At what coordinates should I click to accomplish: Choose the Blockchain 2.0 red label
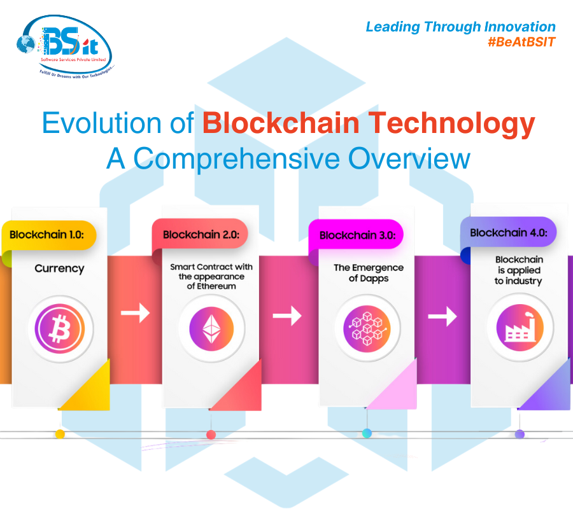201,234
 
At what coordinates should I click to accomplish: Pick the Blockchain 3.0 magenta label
357,235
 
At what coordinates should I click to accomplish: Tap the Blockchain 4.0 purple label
508,232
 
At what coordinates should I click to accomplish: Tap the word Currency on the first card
59,268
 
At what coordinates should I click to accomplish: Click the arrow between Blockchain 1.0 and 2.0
135,312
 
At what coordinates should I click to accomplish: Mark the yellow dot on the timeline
60,434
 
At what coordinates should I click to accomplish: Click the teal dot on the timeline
367,433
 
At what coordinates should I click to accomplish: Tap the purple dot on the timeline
520,434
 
